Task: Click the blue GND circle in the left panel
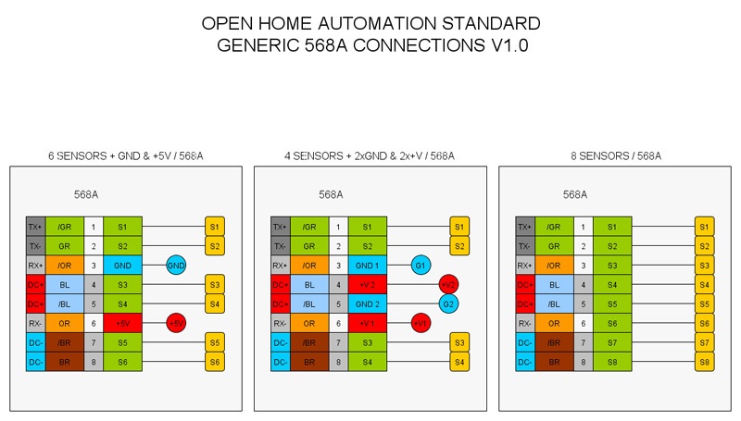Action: [176, 266]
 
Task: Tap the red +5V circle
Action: [176, 323]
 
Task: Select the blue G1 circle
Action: [421, 266]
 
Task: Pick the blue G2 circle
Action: [448, 303]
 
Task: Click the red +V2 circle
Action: [448, 285]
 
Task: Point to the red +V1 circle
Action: [421, 323]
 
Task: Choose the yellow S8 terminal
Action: [705, 362]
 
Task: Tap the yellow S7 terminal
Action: [705, 342]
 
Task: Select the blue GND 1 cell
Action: [367, 266]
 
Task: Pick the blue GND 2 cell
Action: [367, 303]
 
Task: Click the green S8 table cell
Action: [611, 362]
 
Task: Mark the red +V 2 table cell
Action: [367, 285]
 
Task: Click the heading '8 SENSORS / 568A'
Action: [616, 156]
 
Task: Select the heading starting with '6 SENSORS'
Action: [126, 156]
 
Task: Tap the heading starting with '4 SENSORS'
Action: [370, 156]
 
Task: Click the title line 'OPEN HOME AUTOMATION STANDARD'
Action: [370, 23]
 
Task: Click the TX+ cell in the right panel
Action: [525, 227]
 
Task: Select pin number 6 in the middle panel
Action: [338, 323]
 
